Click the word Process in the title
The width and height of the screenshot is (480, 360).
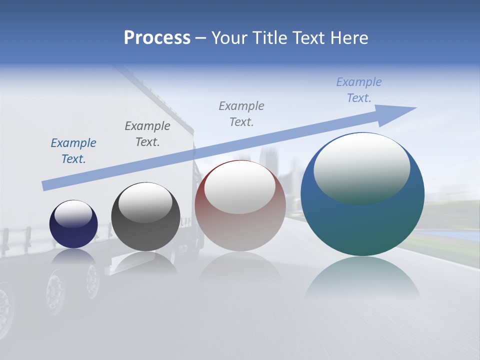click(157, 38)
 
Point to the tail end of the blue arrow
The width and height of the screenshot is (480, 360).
click(46, 185)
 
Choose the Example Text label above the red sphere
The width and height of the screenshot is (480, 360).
click(241, 114)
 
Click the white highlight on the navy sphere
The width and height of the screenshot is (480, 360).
click(73, 214)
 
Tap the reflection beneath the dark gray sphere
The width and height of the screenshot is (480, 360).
click(145, 262)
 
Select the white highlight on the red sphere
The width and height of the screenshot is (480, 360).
click(239, 187)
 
